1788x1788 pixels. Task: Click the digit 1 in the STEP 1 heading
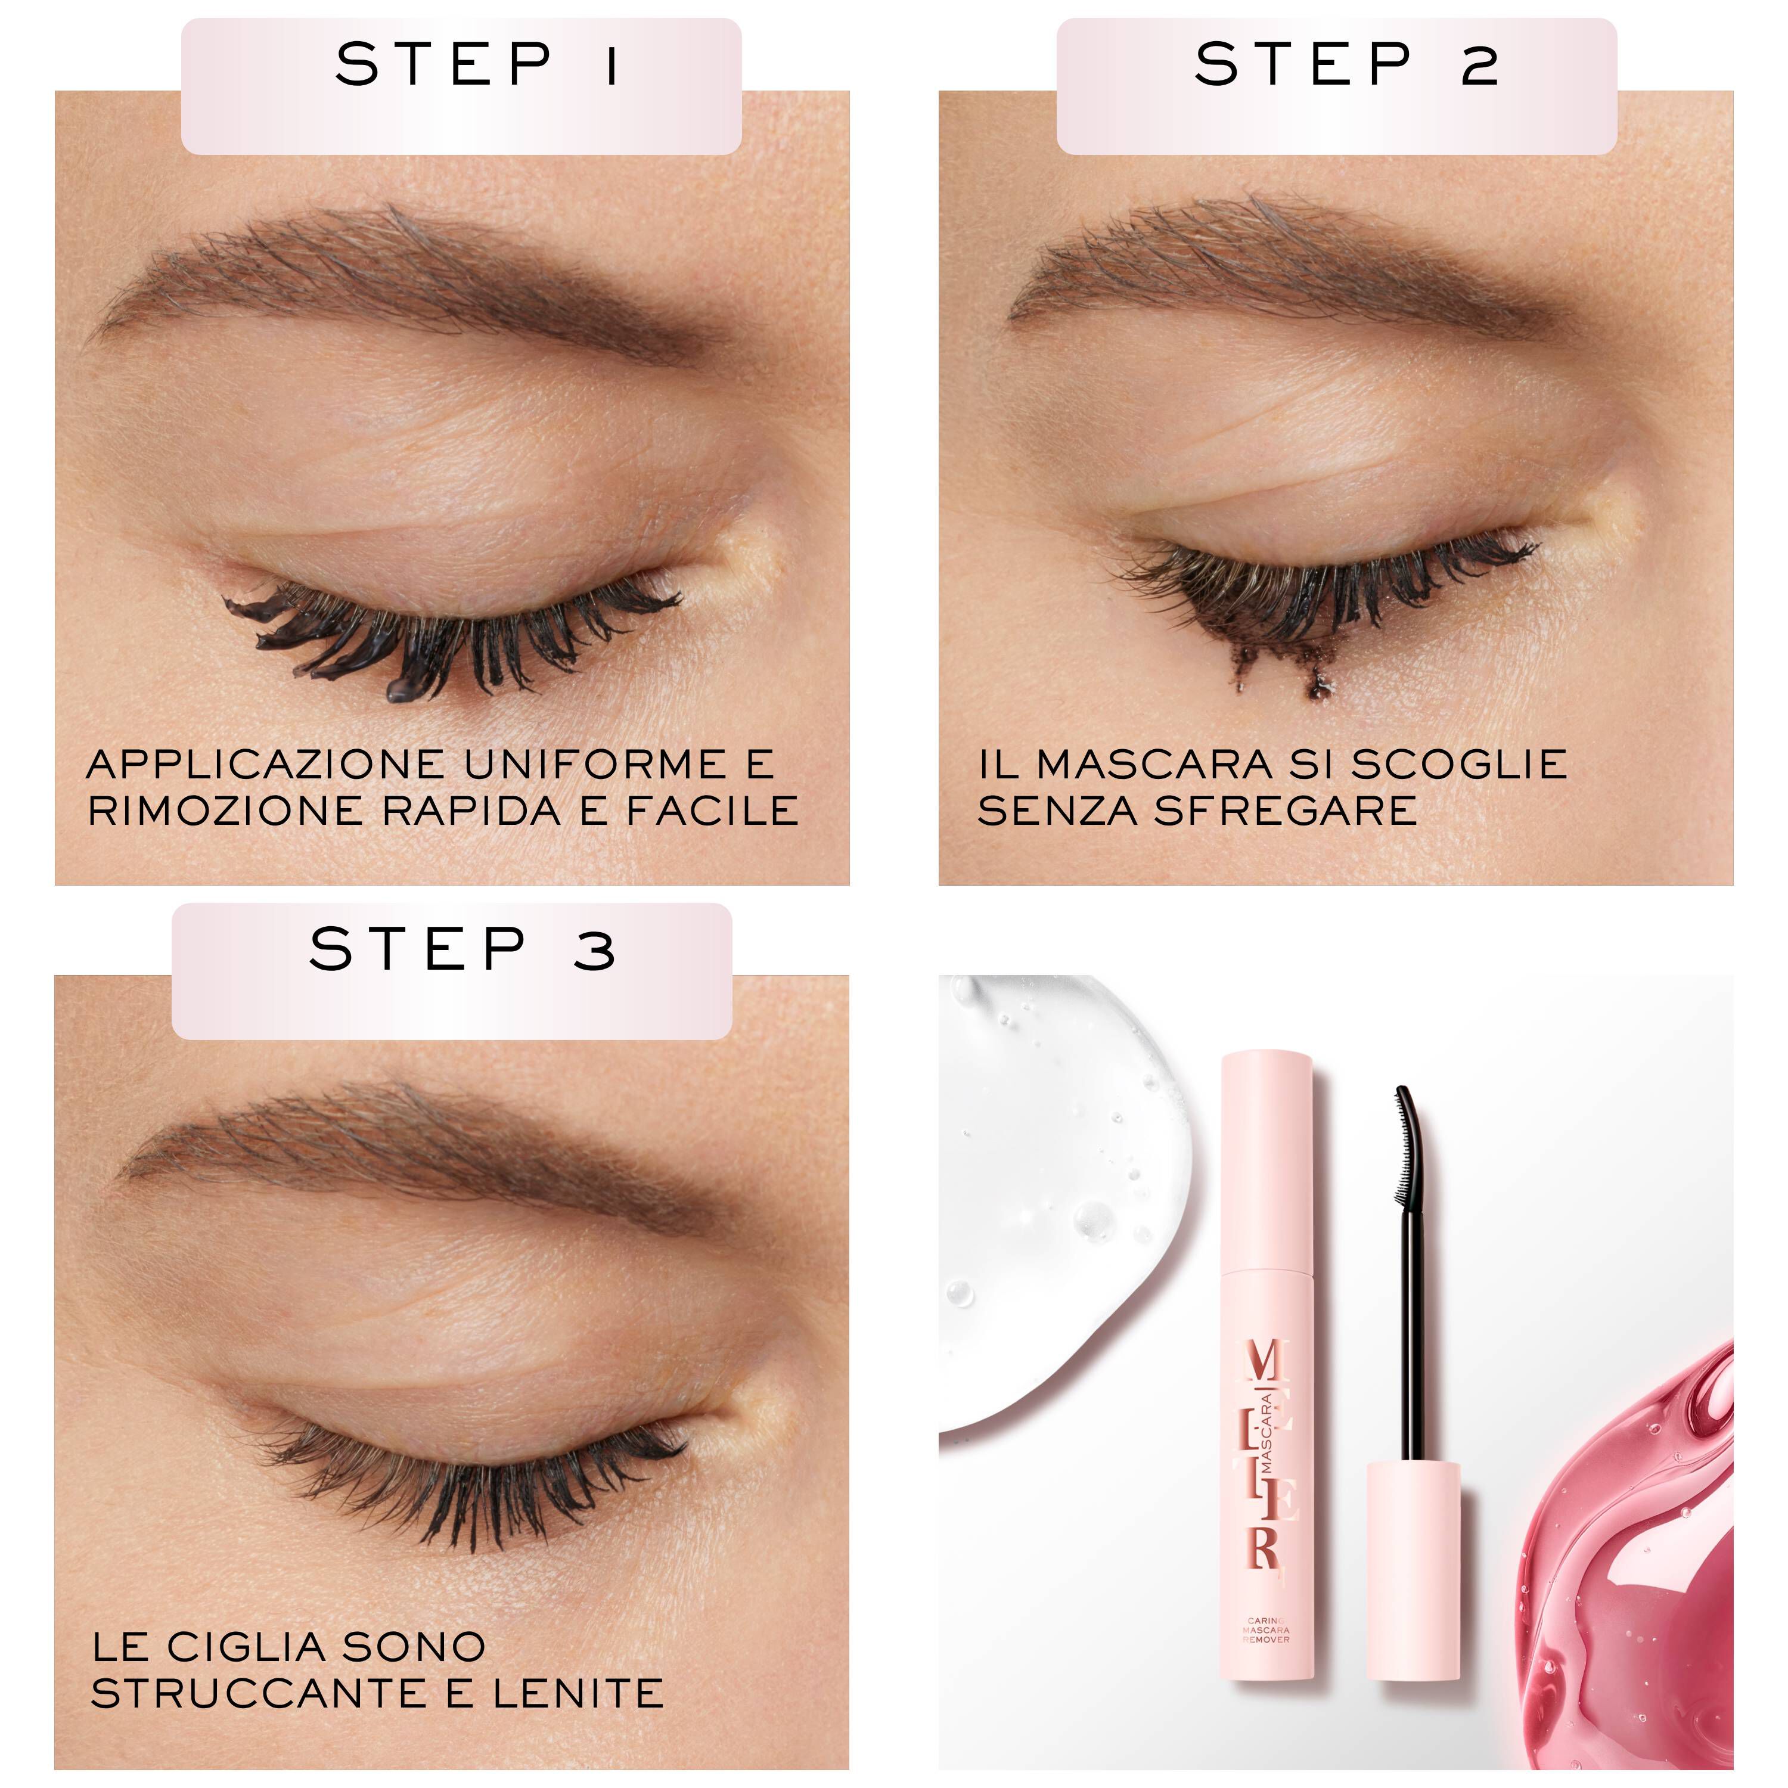(x=611, y=65)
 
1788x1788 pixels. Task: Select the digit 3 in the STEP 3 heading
(x=593, y=951)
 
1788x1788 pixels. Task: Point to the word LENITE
(x=578, y=1694)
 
